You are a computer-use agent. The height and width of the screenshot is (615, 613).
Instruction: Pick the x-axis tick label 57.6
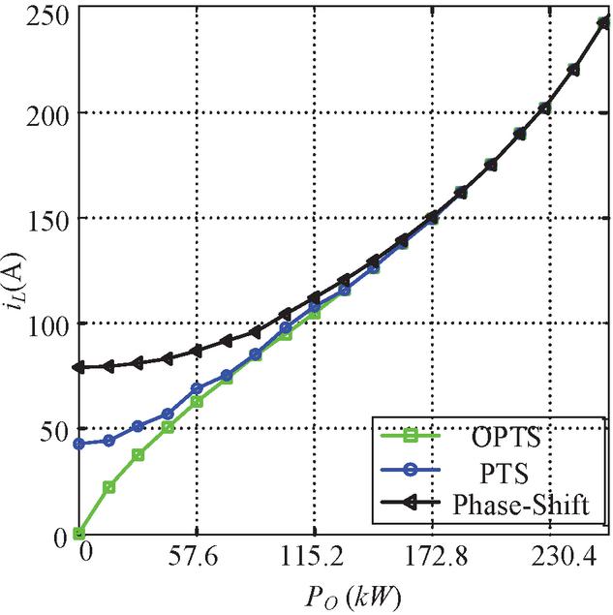(197, 557)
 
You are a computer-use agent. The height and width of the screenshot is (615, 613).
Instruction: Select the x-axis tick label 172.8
(432, 557)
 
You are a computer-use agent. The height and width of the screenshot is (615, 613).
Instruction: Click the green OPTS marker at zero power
(78, 534)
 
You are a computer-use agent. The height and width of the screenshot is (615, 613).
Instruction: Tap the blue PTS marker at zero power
(78, 444)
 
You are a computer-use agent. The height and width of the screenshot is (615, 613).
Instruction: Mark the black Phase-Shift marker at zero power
(78, 368)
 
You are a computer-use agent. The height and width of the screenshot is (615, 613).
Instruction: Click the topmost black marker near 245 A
(601, 22)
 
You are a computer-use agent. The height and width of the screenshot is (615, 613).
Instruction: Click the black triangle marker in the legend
(409, 504)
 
